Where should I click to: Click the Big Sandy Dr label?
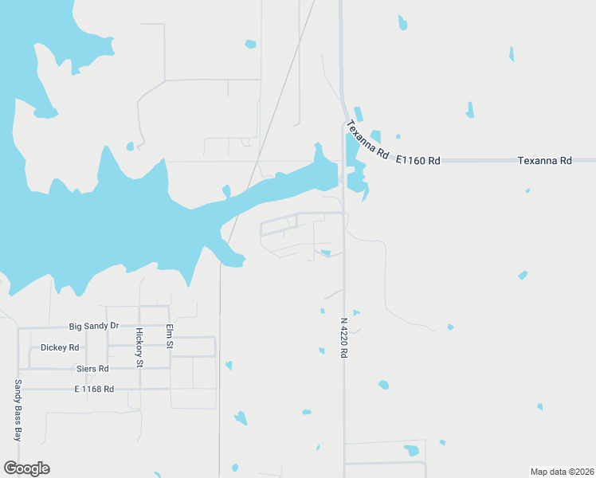tap(94, 327)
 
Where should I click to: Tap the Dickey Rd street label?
tap(60, 348)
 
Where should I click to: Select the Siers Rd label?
tap(92, 369)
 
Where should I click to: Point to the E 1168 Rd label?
tap(94, 390)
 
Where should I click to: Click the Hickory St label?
tap(139, 347)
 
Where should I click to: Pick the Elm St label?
tap(169, 336)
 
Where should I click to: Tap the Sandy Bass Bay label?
tap(18, 410)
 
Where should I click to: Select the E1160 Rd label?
tap(418, 160)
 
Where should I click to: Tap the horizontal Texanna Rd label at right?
tap(545, 160)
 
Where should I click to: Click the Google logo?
tap(26, 468)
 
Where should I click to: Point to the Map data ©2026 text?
tap(563, 472)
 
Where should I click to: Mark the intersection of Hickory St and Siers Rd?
tap(139, 368)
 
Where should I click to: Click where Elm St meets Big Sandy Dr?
tap(169, 327)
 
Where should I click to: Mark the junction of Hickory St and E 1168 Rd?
tap(139, 390)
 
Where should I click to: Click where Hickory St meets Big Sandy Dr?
tap(139, 327)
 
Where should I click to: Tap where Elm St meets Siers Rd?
tap(169, 368)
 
